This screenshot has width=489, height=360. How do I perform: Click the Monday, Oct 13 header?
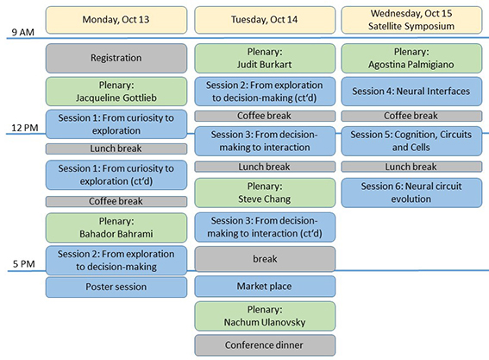116,20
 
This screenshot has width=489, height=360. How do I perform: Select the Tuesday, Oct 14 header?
265,20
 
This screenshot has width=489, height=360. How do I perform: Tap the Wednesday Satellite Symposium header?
411,20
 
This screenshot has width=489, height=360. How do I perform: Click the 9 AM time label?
22,32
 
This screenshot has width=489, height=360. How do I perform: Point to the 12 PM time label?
25,128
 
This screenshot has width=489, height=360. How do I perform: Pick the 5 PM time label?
23,264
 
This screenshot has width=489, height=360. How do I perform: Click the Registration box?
116,58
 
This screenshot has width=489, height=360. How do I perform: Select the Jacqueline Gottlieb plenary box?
116,92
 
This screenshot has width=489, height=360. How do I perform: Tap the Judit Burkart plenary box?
265,58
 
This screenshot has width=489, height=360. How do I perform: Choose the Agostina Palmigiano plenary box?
411,58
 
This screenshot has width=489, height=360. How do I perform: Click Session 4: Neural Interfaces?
411,92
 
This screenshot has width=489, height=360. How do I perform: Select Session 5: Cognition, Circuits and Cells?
411,141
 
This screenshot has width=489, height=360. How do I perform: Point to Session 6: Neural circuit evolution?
411,193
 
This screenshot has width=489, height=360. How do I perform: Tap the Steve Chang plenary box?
265,193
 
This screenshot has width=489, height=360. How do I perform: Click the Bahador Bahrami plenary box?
116,228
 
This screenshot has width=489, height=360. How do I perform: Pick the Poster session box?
116,287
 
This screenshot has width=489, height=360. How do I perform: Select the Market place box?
265,287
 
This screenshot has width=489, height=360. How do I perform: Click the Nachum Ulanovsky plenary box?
265,316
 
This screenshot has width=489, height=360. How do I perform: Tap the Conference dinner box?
265,345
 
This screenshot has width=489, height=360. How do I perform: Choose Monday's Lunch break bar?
116,148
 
